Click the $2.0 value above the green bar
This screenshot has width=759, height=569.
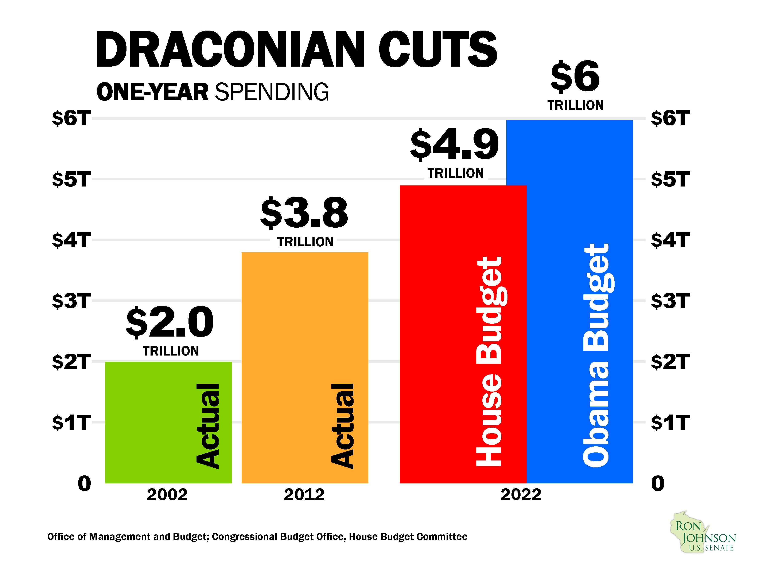tap(170, 322)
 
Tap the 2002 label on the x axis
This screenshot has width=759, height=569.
tap(167, 495)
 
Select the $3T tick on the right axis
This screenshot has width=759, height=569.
tap(670, 301)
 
